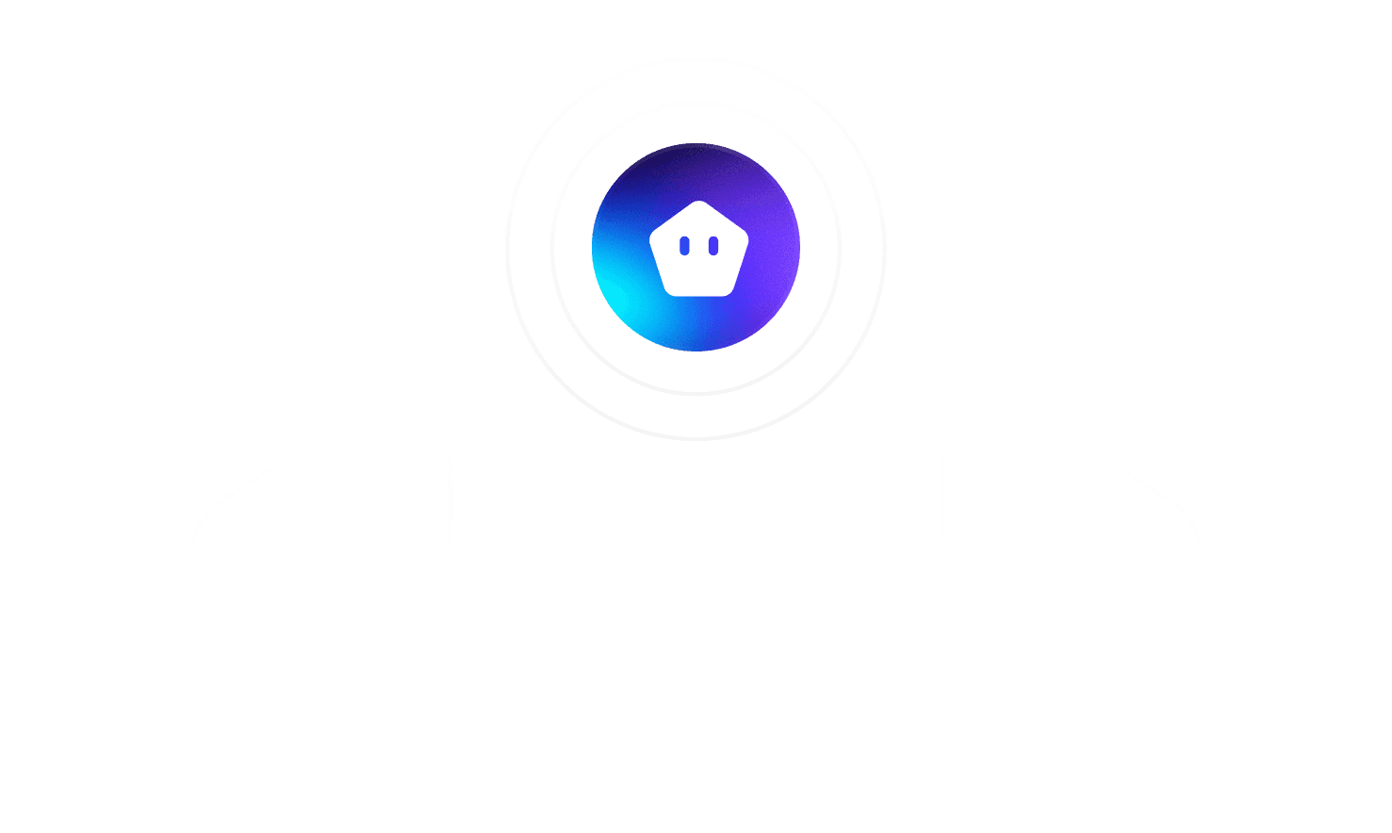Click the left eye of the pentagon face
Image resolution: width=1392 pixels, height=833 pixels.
685,246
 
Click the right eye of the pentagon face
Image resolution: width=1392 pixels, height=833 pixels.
713,246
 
